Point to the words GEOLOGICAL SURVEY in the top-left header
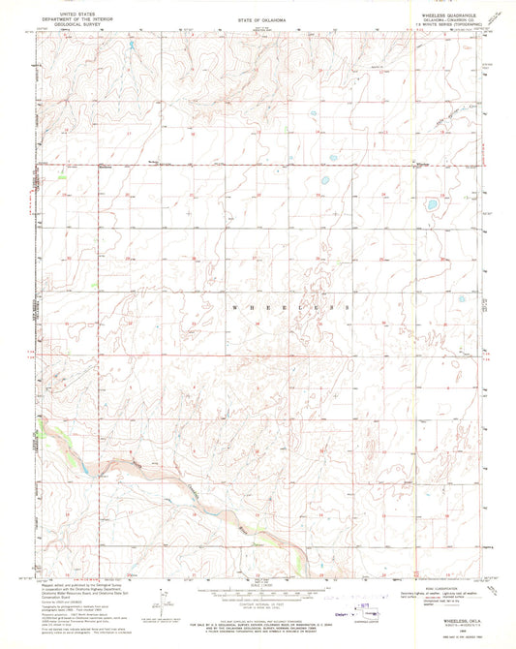66,26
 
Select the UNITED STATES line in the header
66,13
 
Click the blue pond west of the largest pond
321,180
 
